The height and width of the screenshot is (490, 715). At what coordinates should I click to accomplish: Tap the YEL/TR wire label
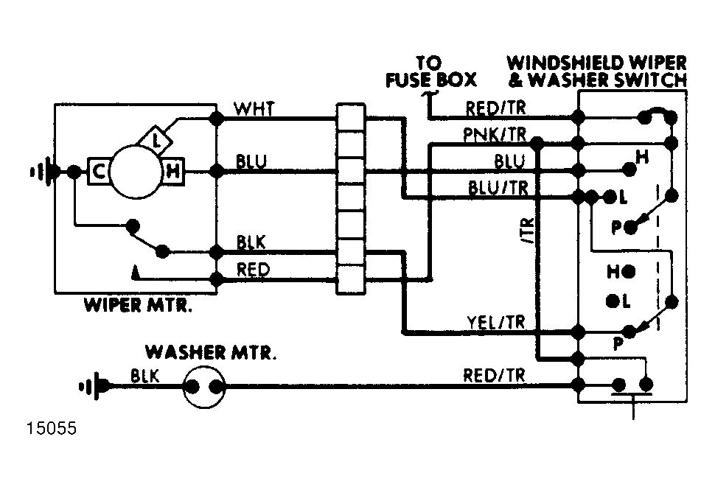[496, 322]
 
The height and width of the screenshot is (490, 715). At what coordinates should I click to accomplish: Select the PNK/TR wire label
[495, 134]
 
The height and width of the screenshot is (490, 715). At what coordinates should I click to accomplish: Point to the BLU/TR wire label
[498, 187]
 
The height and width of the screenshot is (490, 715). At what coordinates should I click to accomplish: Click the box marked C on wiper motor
[99, 172]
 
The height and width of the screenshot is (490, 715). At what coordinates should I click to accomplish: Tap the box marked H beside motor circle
[172, 172]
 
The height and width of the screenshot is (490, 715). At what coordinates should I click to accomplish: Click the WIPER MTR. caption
[138, 305]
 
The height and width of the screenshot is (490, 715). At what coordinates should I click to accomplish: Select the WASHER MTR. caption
[211, 352]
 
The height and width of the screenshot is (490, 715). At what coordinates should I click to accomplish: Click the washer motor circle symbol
[204, 388]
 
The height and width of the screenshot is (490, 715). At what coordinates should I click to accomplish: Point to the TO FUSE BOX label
[430, 71]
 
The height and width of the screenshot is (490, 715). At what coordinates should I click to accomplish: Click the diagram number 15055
[52, 428]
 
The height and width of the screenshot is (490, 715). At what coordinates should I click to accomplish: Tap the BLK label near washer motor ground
[145, 376]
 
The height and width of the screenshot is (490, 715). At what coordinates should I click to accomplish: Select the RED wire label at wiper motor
[253, 270]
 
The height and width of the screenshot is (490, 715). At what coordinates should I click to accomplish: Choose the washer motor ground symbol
[94, 387]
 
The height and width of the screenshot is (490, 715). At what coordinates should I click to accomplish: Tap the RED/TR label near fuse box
[495, 108]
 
